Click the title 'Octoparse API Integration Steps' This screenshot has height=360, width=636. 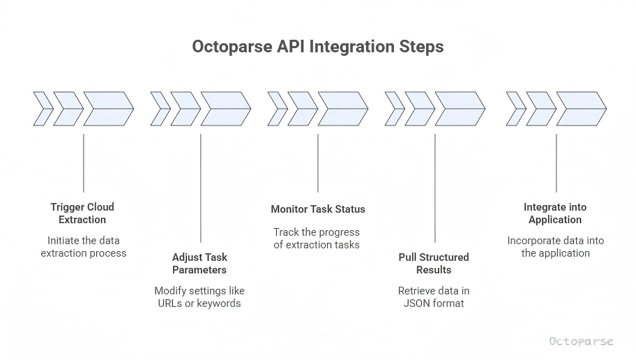pyautogui.click(x=317, y=47)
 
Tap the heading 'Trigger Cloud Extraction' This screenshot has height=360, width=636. pyautogui.click(x=82, y=213)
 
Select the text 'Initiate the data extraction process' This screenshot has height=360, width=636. pyautogui.click(x=83, y=246)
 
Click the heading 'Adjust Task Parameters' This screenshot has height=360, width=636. pyautogui.click(x=199, y=263)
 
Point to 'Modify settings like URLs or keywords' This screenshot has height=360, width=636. pyautogui.click(x=199, y=297)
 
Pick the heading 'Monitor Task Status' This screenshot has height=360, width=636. pyautogui.click(x=317, y=209)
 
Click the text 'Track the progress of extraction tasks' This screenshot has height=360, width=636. pyautogui.click(x=317, y=238)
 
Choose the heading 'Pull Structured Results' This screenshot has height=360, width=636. pyautogui.click(x=434, y=263)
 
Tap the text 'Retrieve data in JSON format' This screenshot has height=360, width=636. pyautogui.click(x=434, y=297)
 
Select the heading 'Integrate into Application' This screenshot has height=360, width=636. pyautogui.click(x=555, y=213)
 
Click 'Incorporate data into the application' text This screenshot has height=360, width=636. pyautogui.click(x=555, y=246)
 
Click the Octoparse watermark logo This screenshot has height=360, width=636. pyautogui.click(x=581, y=341)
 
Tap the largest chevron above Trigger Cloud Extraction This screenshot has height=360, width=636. pyautogui.click(x=108, y=109)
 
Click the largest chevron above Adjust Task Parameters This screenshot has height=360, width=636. pyautogui.click(x=225, y=109)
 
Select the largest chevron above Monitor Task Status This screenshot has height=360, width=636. pyautogui.click(x=342, y=109)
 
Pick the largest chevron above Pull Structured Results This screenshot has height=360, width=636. pyautogui.click(x=460, y=109)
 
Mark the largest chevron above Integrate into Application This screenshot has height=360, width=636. pyautogui.click(x=581, y=109)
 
